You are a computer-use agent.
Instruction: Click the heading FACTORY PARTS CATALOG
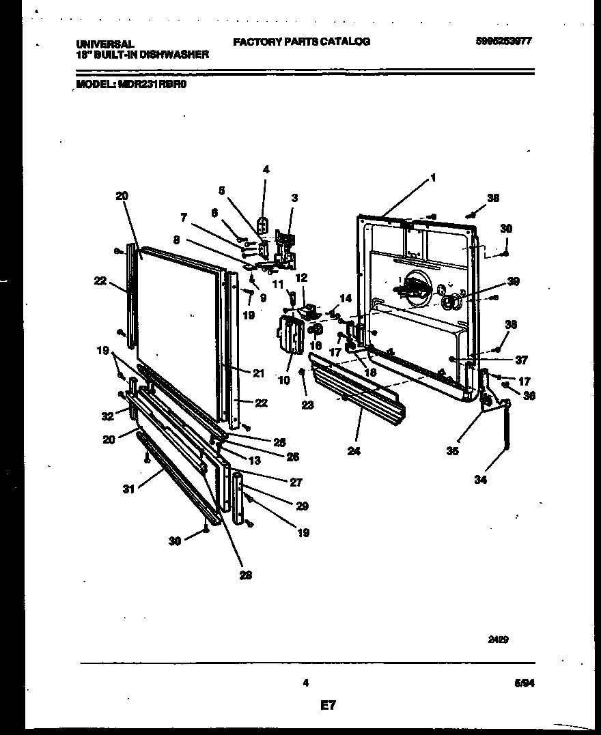pyautogui.click(x=301, y=42)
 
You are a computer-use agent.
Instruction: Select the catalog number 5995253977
pyautogui.click(x=503, y=41)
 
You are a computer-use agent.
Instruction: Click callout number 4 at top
pyautogui.click(x=266, y=170)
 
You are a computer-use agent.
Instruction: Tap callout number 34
pyautogui.click(x=481, y=480)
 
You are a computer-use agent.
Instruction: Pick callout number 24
pyautogui.click(x=353, y=450)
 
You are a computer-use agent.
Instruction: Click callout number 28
pyautogui.click(x=245, y=575)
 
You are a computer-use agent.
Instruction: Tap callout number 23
pyautogui.click(x=307, y=405)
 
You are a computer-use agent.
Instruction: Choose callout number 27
pyautogui.click(x=295, y=482)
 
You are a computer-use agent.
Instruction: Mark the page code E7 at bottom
pyautogui.click(x=328, y=705)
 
